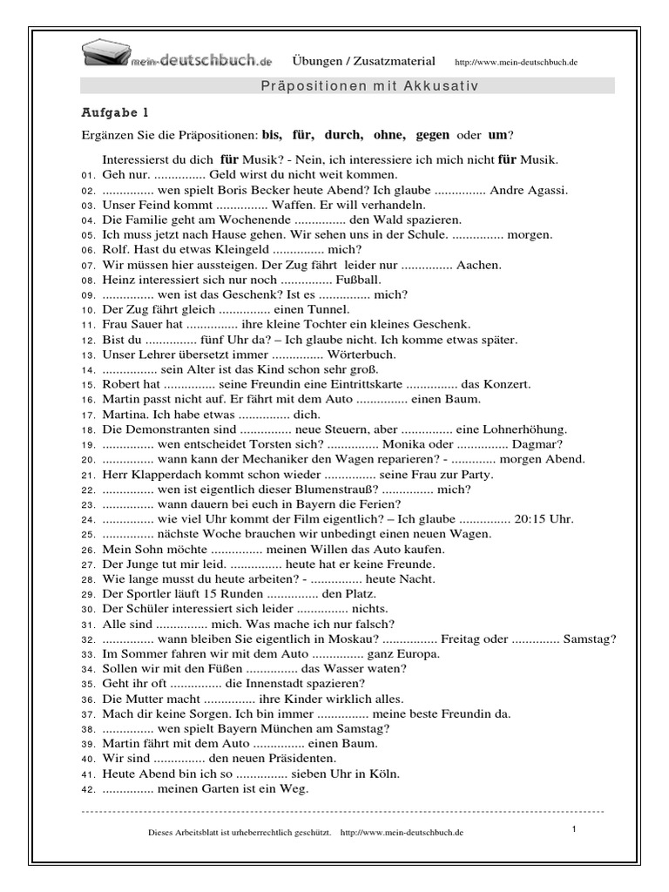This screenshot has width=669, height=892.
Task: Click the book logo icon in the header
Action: click(x=105, y=56)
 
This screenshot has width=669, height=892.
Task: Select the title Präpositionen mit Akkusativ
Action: click(x=370, y=85)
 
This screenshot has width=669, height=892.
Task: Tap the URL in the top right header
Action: click(x=517, y=63)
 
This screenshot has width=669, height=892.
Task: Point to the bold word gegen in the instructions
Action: click(x=433, y=135)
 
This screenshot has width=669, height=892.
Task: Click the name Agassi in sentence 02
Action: click(x=548, y=190)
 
